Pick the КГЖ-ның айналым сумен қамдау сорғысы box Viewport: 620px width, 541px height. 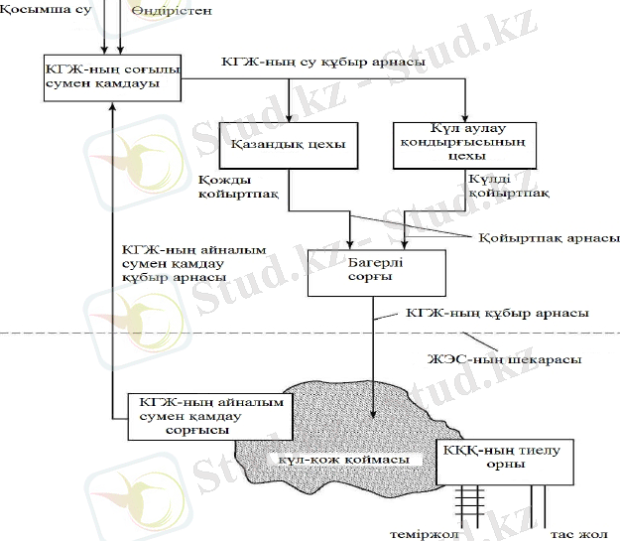point(211,416)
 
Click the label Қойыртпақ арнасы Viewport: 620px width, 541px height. point(549,238)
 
